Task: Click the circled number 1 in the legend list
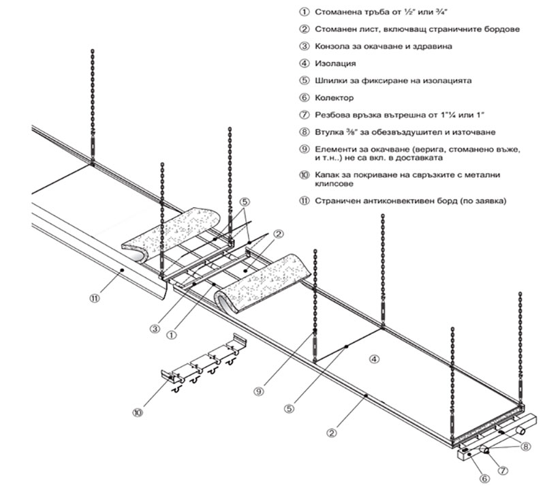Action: (x=304, y=13)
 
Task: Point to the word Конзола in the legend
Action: (x=334, y=46)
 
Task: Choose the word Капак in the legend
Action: (x=329, y=175)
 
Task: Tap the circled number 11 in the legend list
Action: (x=304, y=202)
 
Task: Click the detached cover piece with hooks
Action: (x=201, y=365)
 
